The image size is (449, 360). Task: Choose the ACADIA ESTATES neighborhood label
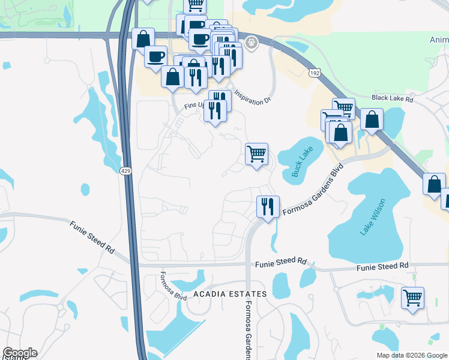pos(230,294)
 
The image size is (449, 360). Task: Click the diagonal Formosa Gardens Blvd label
pos(313,185)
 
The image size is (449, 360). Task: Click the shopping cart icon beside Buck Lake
pos(257,154)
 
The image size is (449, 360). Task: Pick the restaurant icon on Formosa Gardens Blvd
pos(267,206)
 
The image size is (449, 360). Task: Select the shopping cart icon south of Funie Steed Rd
pos(412,297)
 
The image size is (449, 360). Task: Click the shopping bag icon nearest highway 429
pos(143,39)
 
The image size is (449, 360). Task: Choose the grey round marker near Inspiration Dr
pos(251,42)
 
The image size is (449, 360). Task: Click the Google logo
pos(20,353)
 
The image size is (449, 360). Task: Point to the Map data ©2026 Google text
pos(411,355)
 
